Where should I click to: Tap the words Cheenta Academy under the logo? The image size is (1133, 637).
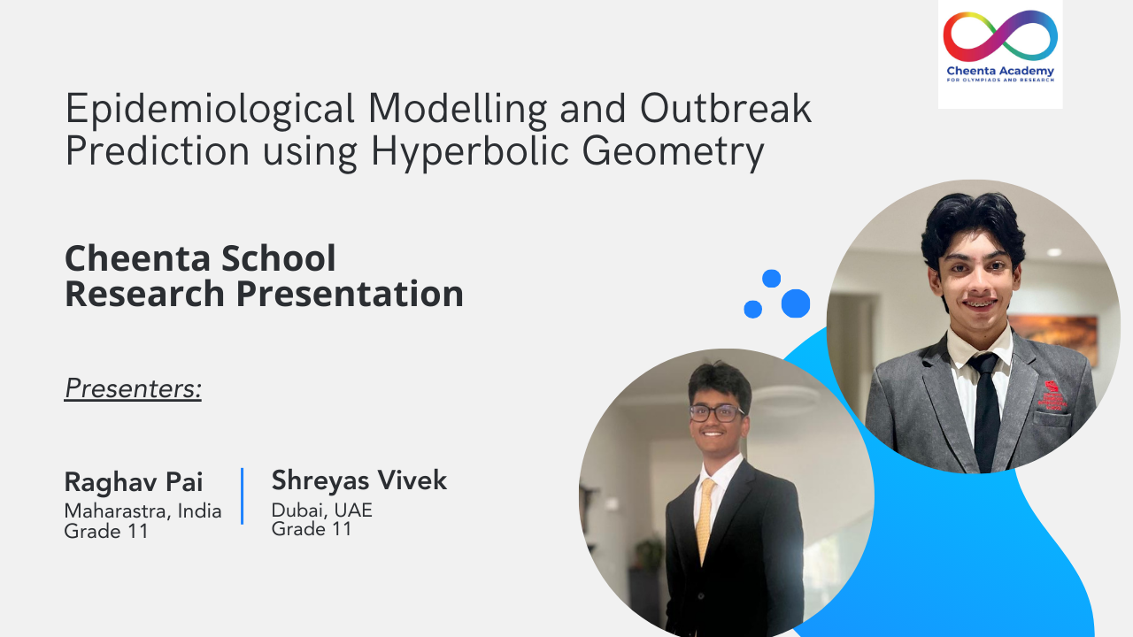1000,71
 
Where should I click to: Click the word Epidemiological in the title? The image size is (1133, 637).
210,110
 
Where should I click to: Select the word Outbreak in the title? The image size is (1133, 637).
726,108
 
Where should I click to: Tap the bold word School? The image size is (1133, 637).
278,258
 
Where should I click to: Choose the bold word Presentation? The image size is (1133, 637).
350,295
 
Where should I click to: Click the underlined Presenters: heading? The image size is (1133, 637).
133,388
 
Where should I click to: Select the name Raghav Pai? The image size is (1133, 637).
134,482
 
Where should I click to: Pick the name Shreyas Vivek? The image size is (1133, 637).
359,480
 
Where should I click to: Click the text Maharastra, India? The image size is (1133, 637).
143,511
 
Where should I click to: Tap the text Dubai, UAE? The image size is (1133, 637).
321,510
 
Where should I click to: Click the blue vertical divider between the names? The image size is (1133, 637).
243,496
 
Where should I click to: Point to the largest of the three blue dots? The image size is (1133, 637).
796,303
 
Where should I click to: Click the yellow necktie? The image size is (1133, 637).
705,521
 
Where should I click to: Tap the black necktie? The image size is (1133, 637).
985,411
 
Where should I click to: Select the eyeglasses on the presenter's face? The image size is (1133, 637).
715,413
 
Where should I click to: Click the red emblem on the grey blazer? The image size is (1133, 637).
1052,395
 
